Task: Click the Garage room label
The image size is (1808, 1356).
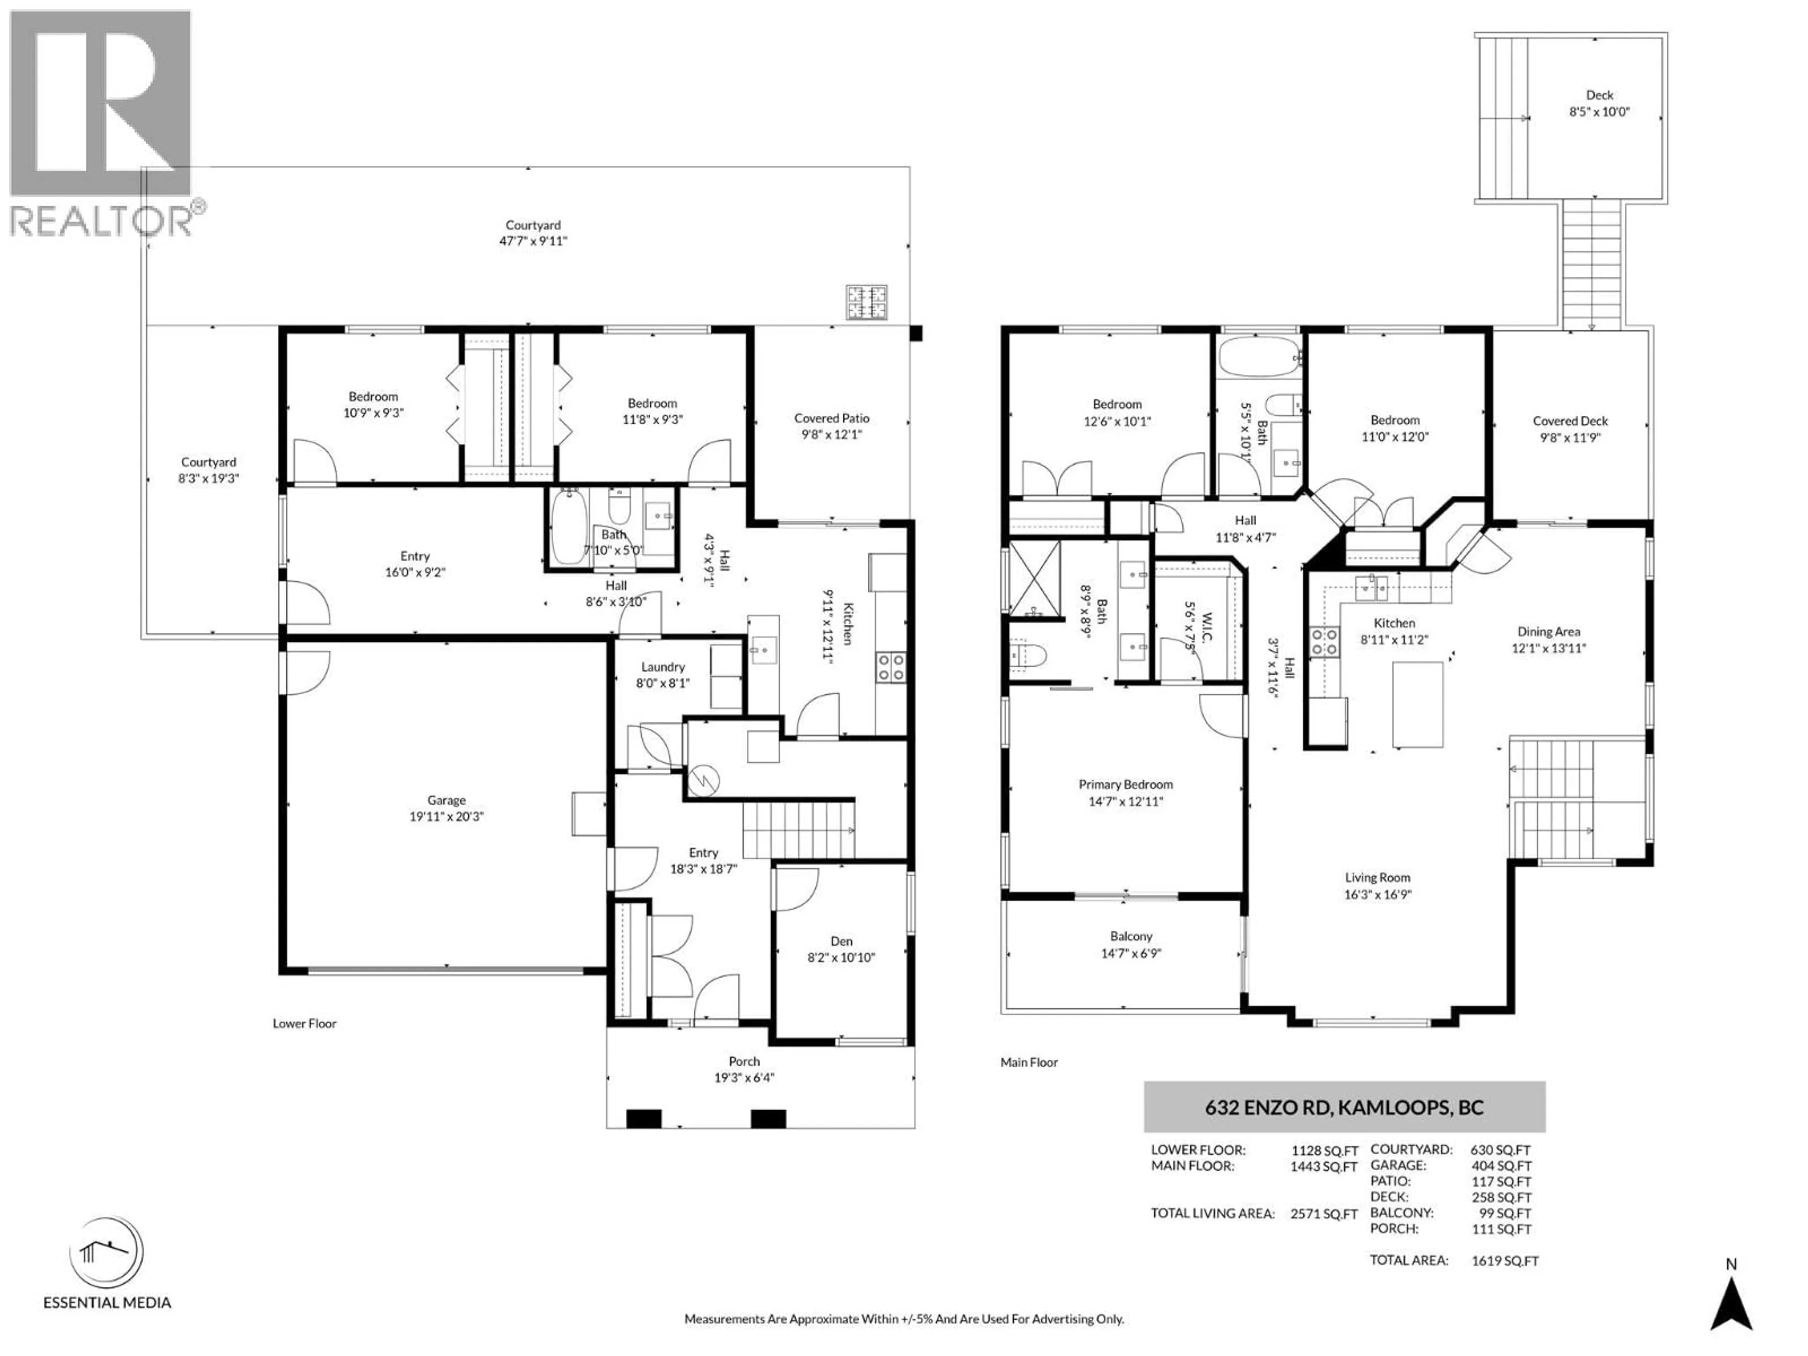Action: [446, 800]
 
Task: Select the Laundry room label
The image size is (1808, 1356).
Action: [662, 667]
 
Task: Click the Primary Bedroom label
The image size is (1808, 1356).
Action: [1125, 785]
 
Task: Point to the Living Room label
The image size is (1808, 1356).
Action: [1377, 878]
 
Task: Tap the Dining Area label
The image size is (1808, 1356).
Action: [1548, 632]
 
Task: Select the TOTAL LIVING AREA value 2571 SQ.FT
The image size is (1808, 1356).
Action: [1324, 1214]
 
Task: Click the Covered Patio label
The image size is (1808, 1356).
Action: [831, 419]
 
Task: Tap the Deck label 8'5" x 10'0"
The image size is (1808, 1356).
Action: [1599, 104]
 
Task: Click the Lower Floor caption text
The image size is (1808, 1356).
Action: [304, 1023]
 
